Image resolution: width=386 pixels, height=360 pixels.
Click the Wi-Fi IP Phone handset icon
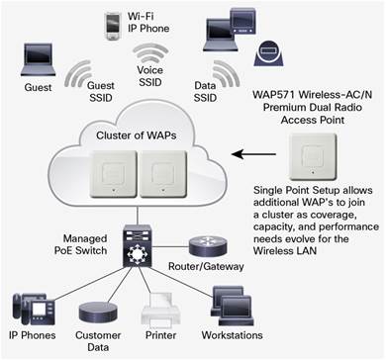click(113, 26)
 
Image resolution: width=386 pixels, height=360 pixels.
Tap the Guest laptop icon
click(38, 59)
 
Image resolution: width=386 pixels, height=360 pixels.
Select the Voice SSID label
click(150, 76)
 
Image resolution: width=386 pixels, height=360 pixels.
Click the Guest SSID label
click(101, 92)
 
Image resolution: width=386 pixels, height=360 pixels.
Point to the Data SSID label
click(205, 92)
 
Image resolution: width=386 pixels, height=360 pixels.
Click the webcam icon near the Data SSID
click(268, 53)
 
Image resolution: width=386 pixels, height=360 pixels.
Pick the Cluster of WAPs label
click(137, 135)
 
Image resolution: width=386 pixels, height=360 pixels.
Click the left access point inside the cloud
click(114, 174)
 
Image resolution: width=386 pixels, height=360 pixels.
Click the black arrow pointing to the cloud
click(253, 154)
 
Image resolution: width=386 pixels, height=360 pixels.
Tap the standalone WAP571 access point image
click(313, 156)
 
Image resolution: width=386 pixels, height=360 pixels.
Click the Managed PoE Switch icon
click(137, 246)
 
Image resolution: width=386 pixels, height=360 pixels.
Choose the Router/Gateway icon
click(208, 247)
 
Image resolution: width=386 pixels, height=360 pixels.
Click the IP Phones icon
click(33, 310)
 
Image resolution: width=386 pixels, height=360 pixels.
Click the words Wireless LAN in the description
click(285, 250)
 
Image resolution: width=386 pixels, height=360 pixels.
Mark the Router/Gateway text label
click(206, 266)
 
